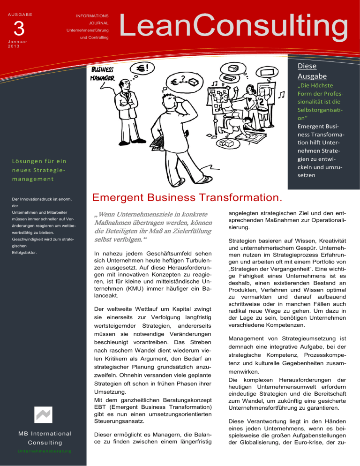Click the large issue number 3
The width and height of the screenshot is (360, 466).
click(19, 29)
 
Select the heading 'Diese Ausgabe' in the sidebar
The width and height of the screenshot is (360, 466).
click(307, 70)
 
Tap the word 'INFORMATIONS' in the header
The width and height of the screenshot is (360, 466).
click(92, 16)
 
